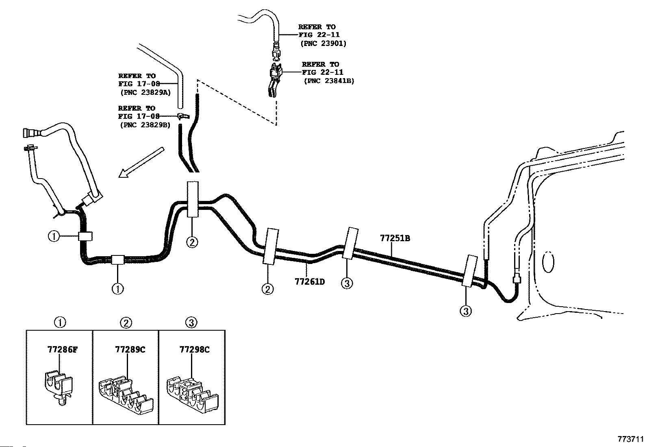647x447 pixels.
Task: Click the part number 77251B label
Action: coord(395,238)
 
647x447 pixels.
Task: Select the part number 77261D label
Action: coord(310,281)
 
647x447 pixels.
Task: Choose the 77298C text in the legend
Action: coord(194,349)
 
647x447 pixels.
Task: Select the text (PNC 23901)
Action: coord(323,43)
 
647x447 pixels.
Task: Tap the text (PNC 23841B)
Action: coord(329,81)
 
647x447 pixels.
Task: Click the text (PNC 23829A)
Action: coord(145,92)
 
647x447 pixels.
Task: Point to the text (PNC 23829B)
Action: coord(145,125)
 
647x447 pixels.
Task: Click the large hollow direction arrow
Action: coord(140,163)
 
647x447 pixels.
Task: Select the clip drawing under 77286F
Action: coord(59,386)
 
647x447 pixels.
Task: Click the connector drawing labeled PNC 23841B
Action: coord(275,78)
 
